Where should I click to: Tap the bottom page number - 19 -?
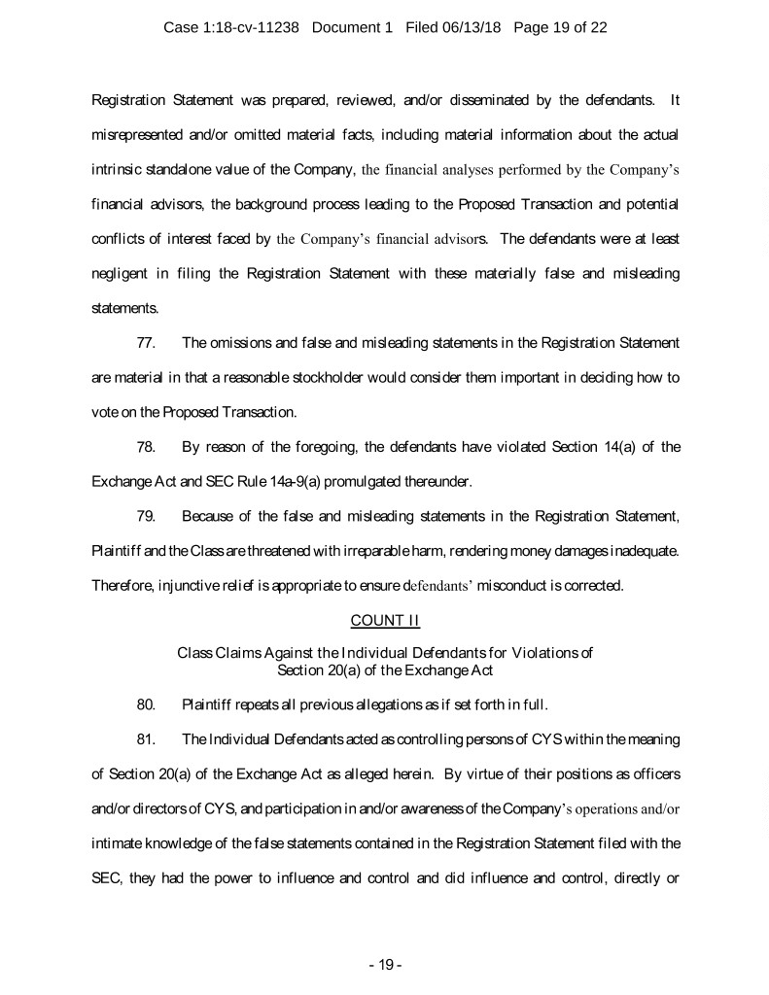tap(385, 965)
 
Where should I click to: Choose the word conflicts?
tap(115, 239)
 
